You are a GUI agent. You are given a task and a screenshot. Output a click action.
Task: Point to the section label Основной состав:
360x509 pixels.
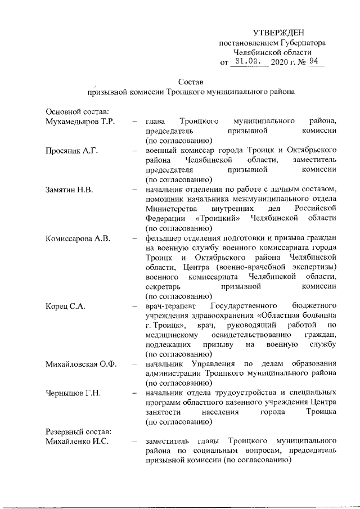pos(77,111)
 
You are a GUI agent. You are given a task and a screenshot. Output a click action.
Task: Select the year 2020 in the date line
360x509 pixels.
pos(279,62)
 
